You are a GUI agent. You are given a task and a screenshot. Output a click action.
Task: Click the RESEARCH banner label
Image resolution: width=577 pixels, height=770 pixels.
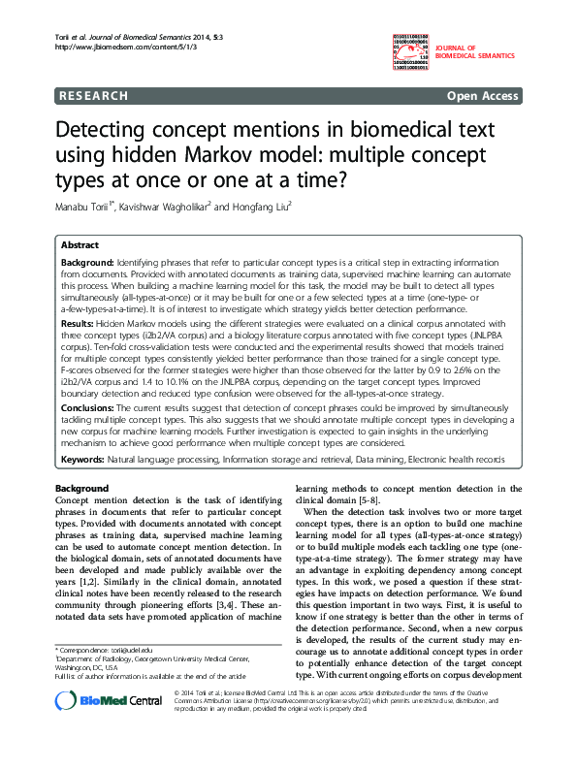tap(93, 96)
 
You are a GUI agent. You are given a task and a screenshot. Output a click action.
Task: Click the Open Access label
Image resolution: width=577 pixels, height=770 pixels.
tap(482, 96)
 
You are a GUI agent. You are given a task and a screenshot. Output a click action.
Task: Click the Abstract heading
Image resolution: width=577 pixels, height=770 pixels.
tap(80, 246)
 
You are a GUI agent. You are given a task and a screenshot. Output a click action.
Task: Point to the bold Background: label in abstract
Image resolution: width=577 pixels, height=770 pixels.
tap(87, 263)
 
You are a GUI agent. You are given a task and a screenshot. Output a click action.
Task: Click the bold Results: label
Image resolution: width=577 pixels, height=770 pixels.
tap(79, 319)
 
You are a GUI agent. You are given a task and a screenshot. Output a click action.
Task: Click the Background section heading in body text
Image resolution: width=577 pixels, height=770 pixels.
tap(81, 487)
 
